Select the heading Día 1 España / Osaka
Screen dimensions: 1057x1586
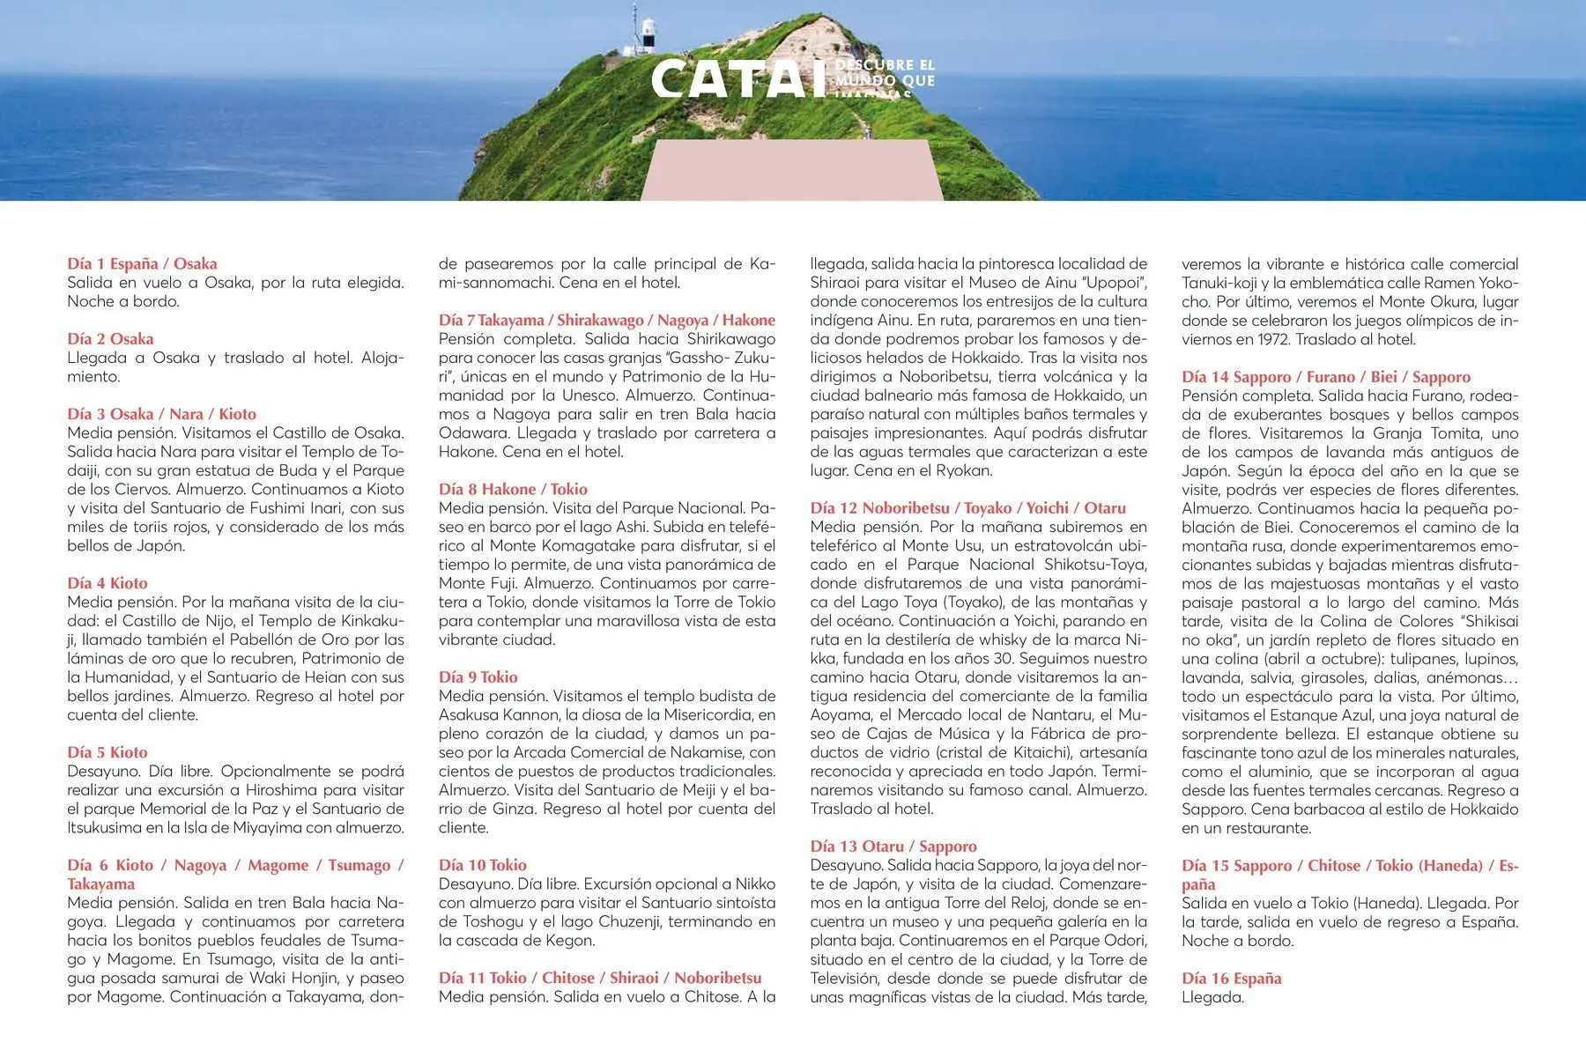pyautogui.click(x=142, y=263)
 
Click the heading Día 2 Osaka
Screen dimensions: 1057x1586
pyautogui.click(x=110, y=339)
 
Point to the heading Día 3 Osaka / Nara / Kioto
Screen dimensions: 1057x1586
pyautogui.click(x=161, y=414)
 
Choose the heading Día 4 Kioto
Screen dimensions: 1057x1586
pyautogui.click(x=107, y=583)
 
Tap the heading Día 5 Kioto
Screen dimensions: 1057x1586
pyautogui.click(x=107, y=752)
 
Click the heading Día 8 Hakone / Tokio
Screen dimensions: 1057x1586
pyautogui.click(x=513, y=489)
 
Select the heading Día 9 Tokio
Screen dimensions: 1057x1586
pyautogui.click(x=478, y=677)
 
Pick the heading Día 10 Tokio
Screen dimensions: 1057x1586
pyautogui.click(x=483, y=865)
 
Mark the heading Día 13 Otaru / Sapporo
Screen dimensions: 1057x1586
pyautogui.click(x=893, y=846)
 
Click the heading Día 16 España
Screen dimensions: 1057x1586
pyautogui.click(x=1232, y=979)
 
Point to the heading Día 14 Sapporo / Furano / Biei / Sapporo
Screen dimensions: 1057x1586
pyautogui.click(x=1326, y=377)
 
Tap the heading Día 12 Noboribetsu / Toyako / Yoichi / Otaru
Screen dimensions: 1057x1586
pyautogui.click(x=968, y=508)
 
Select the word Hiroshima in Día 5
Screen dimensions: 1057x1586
pyautogui.click(x=283, y=790)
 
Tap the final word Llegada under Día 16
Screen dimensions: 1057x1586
pyautogui.click(x=1212, y=998)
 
